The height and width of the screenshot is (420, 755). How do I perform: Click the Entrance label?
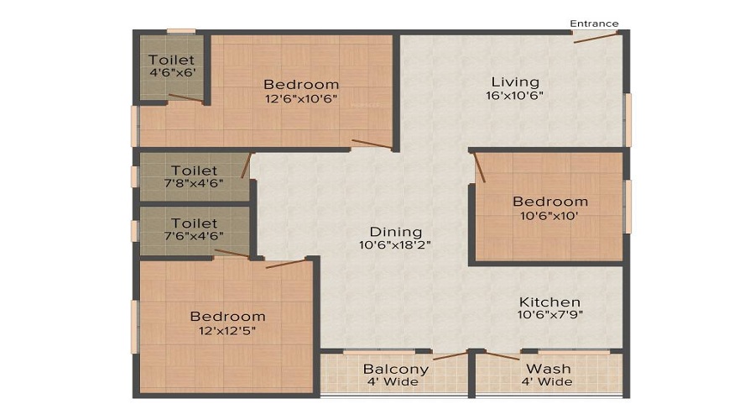[x=594, y=24]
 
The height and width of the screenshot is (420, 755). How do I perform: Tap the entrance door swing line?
[x=595, y=38]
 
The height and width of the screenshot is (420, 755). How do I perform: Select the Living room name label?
[x=515, y=82]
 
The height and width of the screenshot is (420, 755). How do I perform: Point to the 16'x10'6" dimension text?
[x=514, y=96]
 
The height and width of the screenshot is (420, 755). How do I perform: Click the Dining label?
[x=396, y=232]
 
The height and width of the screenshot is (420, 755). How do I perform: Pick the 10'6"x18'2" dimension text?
[x=395, y=245]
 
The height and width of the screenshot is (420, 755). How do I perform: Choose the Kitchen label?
[x=549, y=302]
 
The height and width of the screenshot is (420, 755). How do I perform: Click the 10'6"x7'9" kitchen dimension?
[x=550, y=315]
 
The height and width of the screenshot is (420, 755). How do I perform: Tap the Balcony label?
[x=396, y=370]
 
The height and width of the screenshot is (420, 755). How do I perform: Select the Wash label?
[x=549, y=369]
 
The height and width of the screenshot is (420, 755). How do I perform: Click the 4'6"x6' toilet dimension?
[x=172, y=73]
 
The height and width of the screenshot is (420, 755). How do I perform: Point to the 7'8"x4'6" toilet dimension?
[x=194, y=183]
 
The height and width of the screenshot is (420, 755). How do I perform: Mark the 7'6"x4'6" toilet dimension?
[x=194, y=236]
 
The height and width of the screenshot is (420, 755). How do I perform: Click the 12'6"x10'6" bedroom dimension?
[x=301, y=99]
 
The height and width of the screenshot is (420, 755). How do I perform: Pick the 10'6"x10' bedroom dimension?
[x=549, y=216]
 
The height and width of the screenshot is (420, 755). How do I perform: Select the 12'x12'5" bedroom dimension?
[x=227, y=331]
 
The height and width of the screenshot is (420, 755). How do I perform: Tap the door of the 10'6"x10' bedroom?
[x=479, y=167]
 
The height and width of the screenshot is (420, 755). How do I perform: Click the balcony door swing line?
[x=450, y=356]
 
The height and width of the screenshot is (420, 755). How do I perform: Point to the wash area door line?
[x=502, y=356]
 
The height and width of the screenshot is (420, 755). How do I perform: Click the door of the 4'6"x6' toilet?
[x=185, y=97]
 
